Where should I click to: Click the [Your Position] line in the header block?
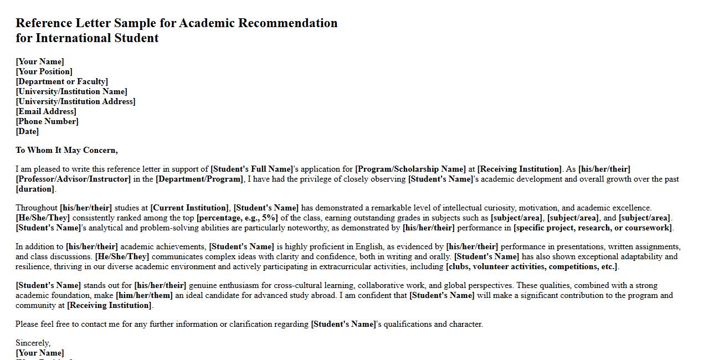coord(44,71)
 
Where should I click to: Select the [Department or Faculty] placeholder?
coord(61,81)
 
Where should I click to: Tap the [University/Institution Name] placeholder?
coord(71,91)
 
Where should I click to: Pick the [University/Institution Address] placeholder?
coord(75,101)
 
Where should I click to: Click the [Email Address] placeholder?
coord(46,111)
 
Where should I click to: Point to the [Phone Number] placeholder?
coord(47,121)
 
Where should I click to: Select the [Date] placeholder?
coord(27,131)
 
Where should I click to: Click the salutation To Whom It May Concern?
coord(66,150)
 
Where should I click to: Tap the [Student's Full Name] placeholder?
coord(252,169)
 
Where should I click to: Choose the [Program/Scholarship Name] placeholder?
coord(411,169)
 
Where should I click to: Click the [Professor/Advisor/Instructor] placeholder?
coord(73,179)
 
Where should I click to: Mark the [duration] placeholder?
coord(35,189)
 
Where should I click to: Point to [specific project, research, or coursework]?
coord(593,228)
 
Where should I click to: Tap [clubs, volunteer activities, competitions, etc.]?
coord(532,266)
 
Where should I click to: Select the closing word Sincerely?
coord(33,343)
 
